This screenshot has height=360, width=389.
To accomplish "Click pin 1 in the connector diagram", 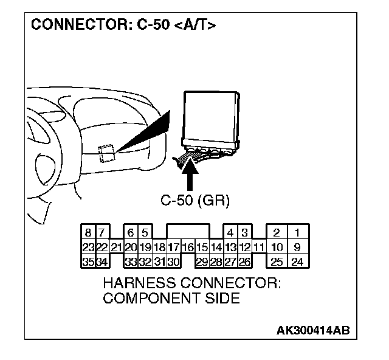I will (x=297, y=232).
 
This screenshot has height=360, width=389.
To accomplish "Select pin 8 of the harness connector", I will (x=88, y=232).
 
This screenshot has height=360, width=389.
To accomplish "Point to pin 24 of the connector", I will (x=297, y=262).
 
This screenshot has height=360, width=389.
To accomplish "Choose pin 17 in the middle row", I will (x=173, y=247).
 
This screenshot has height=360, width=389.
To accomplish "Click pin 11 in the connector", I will (x=258, y=247).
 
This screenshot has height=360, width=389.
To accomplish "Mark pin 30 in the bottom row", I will (x=173, y=262).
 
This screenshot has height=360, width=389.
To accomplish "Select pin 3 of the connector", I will (x=244, y=232).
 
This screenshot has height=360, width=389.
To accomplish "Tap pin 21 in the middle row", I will (x=117, y=247).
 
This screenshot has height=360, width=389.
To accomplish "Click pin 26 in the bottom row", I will (x=244, y=262).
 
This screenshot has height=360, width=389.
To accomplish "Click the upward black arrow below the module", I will (x=191, y=176).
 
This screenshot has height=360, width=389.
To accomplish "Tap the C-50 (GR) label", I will (x=195, y=200).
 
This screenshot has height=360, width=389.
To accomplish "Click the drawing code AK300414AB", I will (x=313, y=330).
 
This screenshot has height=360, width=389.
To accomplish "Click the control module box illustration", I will (x=210, y=116).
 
